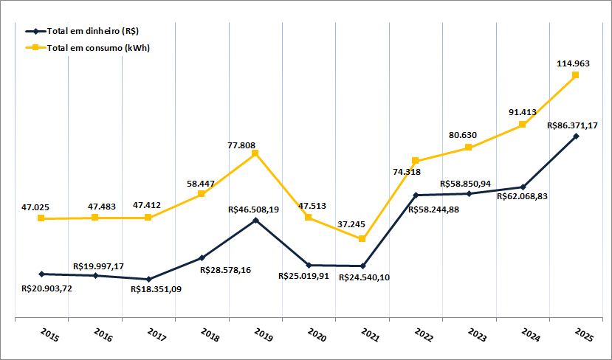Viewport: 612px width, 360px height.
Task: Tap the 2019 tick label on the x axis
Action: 264,336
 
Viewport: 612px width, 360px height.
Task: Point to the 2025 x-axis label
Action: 584,336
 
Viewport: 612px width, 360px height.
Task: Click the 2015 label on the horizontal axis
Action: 49,336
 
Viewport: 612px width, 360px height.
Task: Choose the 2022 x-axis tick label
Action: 424,336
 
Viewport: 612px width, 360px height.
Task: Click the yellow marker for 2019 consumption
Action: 255,153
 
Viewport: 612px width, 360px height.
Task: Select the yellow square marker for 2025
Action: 576,75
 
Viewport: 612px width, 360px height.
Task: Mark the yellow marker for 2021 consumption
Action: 362,239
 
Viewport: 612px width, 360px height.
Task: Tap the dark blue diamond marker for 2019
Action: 255,220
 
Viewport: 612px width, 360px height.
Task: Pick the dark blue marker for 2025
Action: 576,136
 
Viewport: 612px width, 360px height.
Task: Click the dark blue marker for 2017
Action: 148,280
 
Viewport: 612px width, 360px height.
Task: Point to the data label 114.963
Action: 573,64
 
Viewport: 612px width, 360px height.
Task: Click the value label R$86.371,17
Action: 573,125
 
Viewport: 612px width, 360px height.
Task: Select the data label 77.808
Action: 243,145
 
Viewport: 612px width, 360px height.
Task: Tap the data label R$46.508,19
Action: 253,210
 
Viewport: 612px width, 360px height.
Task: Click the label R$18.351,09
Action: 156,289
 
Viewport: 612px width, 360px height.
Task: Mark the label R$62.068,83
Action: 522,196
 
